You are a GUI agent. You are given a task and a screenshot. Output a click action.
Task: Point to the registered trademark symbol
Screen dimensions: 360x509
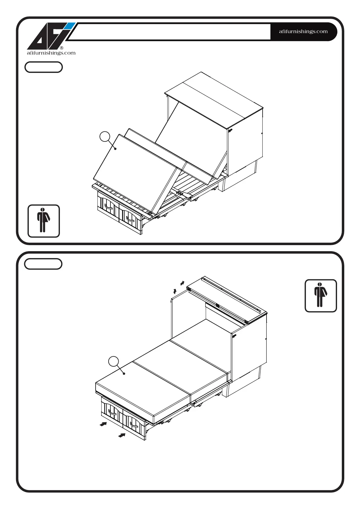(x=62, y=48)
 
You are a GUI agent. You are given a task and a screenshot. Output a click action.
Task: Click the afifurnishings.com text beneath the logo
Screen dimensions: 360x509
(x=51, y=53)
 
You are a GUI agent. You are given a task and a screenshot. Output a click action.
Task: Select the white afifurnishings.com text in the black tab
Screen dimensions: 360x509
(x=303, y=31)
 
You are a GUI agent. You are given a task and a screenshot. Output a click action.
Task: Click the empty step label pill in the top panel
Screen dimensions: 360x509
(x=44, y=67)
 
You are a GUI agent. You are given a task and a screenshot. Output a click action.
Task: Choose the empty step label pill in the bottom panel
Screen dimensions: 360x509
(x=43, y=264)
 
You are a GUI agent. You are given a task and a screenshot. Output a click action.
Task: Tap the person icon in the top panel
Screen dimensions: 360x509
(x=44, y=221)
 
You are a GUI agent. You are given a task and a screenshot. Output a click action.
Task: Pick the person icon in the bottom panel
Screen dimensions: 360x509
(x=321, y=296)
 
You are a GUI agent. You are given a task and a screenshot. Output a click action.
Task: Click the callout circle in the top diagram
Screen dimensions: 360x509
(x=105, y=137)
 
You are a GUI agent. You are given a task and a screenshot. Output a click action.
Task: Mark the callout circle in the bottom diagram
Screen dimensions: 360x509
(x=114, y=361)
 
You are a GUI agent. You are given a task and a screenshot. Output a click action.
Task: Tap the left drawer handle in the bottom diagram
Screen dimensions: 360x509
(x=112, y=412)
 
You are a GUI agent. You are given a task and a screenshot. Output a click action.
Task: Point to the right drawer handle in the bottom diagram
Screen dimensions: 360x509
(x=134, y=425)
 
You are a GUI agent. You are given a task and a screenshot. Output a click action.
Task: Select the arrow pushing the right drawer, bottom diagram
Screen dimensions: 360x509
(x=122, y=436)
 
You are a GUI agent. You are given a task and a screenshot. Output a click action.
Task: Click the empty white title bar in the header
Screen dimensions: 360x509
(x=169, y=31)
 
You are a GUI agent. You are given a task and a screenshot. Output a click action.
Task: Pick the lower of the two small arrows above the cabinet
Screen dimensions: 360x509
(x=175, y=291)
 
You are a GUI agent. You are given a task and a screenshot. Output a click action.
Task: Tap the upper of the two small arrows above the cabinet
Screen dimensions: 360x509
(x=182, y=283)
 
